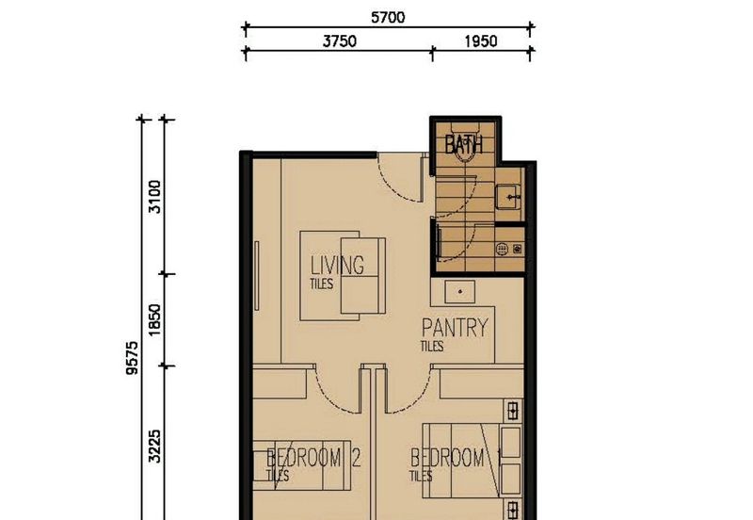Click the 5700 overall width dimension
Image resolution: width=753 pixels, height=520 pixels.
pyautogui.click(x=388, y=18)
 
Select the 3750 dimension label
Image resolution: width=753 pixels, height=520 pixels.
pyautogui.click(x=340, y=41)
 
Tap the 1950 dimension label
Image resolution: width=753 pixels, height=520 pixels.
pyautogui.click(x=481, y=41)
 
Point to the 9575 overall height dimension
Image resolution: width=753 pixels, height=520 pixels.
pyautogui.click(x=132, y=358)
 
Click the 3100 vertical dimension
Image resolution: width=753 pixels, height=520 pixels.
pyautogui.click(x=154, y=197)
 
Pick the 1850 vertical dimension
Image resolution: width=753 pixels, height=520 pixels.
pyautogui.click(x=154, y=320)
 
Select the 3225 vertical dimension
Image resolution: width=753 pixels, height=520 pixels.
pyautogui.click(x=154, y=446)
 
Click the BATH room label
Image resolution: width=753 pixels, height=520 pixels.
pyautogui.click(x=463, y=144)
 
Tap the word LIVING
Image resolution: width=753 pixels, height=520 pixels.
pyautogui.click(x=337, y=265)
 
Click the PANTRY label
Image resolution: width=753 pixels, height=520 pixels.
pyautogui.click(x=455, y=328)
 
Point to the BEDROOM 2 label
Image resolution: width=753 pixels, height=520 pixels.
pyautogui.click(x=313, y=458)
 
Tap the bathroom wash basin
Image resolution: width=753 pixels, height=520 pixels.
pyautogui.click(x=506, y=197)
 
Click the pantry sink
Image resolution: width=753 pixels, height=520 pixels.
pyautogui.click(x=460, y=292)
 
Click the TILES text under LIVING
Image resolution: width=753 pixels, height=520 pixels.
pyautogui.click(x=321, y=284)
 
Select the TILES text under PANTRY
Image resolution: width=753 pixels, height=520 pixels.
pyautogui.click(x=432, y=346)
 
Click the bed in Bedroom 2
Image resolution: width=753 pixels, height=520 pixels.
pyautogui.click(x=302, y=465)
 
